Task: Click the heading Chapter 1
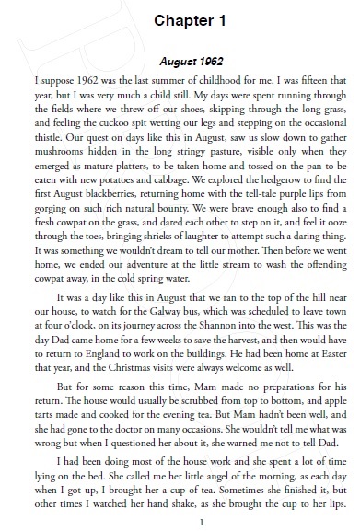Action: tap(180, 20)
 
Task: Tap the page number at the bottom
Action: tap(180, 521)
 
